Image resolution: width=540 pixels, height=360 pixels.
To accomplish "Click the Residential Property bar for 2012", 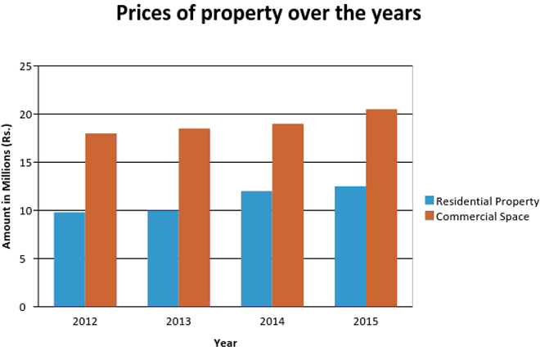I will coord(70,259).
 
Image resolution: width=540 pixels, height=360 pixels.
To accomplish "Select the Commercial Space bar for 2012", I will coord(101,220).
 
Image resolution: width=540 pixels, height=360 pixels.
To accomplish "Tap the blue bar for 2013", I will coord(163,259).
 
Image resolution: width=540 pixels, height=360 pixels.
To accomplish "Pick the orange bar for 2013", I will coord(194,218).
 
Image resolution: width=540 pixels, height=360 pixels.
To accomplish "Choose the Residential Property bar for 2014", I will coord(256,249).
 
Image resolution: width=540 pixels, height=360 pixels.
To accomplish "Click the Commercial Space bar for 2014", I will coord(287,215).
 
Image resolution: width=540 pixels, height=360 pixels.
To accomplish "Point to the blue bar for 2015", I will coord(350,246).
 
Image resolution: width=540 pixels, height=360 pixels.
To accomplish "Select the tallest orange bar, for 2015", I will coord(381,208).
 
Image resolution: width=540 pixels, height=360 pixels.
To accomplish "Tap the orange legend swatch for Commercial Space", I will coord(430,217).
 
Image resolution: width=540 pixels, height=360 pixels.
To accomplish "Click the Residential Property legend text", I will coord(488,201).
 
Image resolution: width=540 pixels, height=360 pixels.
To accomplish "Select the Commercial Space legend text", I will coord(482,217).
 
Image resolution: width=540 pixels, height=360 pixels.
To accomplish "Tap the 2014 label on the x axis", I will coord(272,321).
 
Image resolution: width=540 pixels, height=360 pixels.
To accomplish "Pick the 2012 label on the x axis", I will coord(85,321).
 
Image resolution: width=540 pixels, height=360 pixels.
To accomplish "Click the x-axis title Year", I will coord(225,343).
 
